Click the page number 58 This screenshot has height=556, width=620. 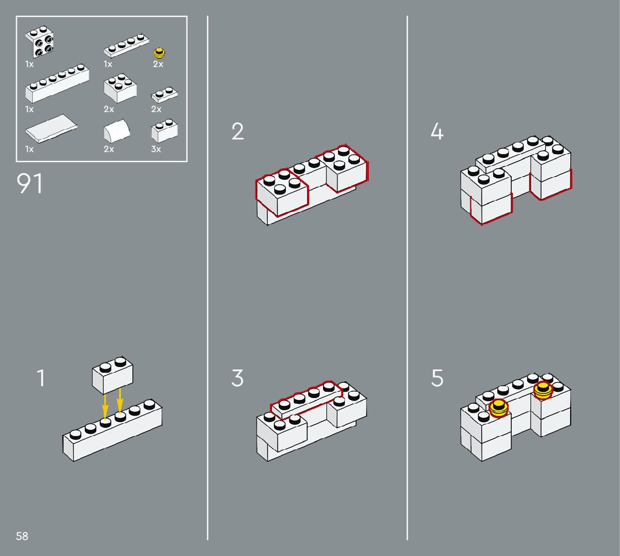[22, 536]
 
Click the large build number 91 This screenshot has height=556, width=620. [30, 183]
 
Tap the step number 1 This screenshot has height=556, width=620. [41, 378]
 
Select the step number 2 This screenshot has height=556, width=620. [238, 131]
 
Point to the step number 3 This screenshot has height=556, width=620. [237, 378]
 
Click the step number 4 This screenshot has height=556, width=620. [437, 131]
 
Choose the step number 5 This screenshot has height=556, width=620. [437, 378]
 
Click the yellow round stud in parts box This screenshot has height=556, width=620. [159, 53]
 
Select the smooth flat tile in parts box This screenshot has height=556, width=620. [51, 128]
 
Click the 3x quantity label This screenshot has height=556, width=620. [156, 149]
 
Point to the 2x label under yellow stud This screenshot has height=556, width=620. [158, 64]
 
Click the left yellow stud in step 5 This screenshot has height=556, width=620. [498, 407]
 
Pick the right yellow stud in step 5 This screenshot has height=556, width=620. [543, 390]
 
